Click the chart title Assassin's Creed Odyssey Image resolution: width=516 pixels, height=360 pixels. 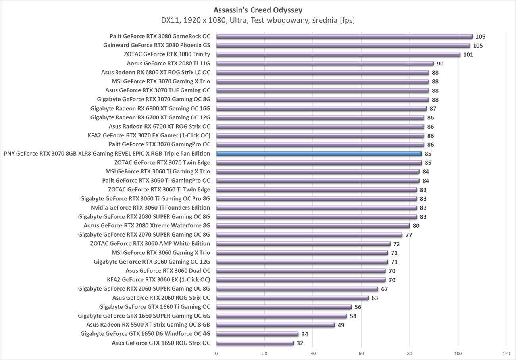click(258, 10)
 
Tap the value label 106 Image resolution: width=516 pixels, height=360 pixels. click(480, 37)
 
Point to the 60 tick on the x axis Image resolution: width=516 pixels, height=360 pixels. click(361, 353)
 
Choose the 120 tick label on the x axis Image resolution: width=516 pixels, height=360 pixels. click(506, 353)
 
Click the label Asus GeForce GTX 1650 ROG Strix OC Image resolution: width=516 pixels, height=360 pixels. click(161, 343)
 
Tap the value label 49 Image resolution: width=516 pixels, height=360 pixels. click(341, 325)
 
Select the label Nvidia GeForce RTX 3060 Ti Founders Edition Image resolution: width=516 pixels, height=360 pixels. click(150, 208)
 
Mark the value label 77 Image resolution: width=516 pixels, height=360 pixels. click(408, 235)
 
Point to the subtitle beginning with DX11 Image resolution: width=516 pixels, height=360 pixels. click(258, 20)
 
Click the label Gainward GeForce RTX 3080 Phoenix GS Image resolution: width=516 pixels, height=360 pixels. click(156, 45)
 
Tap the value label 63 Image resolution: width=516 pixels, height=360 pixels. click(374, 298)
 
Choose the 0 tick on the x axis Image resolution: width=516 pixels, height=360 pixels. click(216, 353)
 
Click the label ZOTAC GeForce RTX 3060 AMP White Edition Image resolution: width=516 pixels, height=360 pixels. click(150, 244)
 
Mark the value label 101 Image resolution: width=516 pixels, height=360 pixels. click(468, 55)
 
